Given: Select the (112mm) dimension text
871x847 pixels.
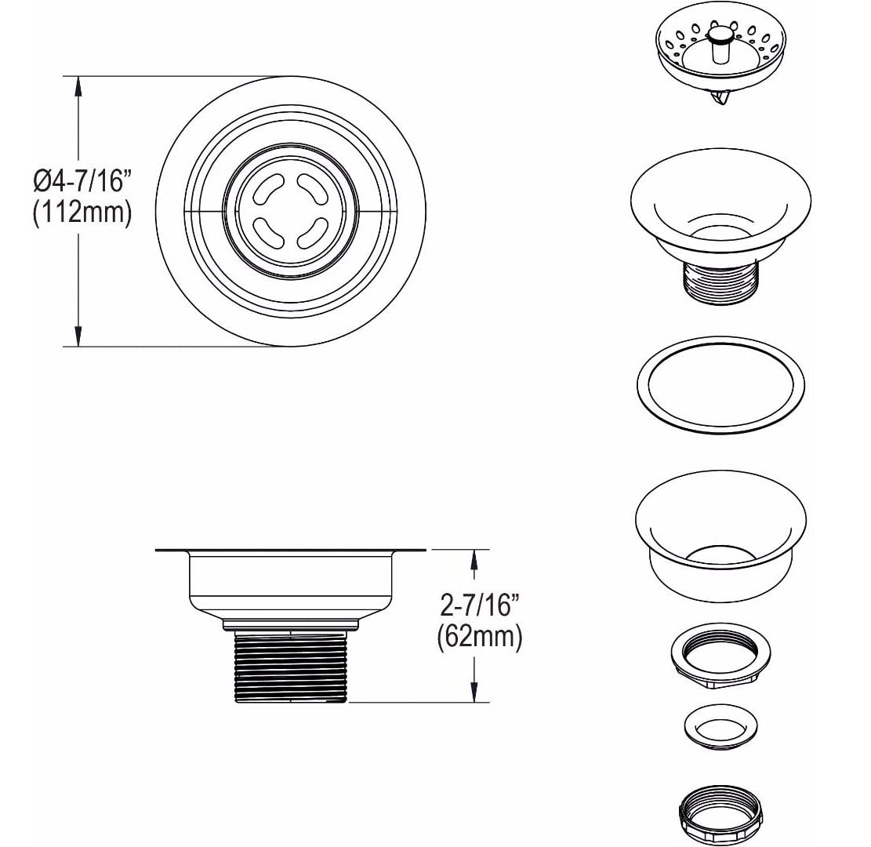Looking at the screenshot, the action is pos(83,212).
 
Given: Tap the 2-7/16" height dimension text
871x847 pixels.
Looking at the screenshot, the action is pos(479,605).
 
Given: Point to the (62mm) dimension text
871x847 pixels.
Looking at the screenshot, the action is pos(479,636).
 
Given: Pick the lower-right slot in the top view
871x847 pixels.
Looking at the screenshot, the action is pos(314,232).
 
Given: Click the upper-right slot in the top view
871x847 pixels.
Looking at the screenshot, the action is pos(314,190).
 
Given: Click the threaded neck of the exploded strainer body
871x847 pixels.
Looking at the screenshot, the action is pos(720,283).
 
